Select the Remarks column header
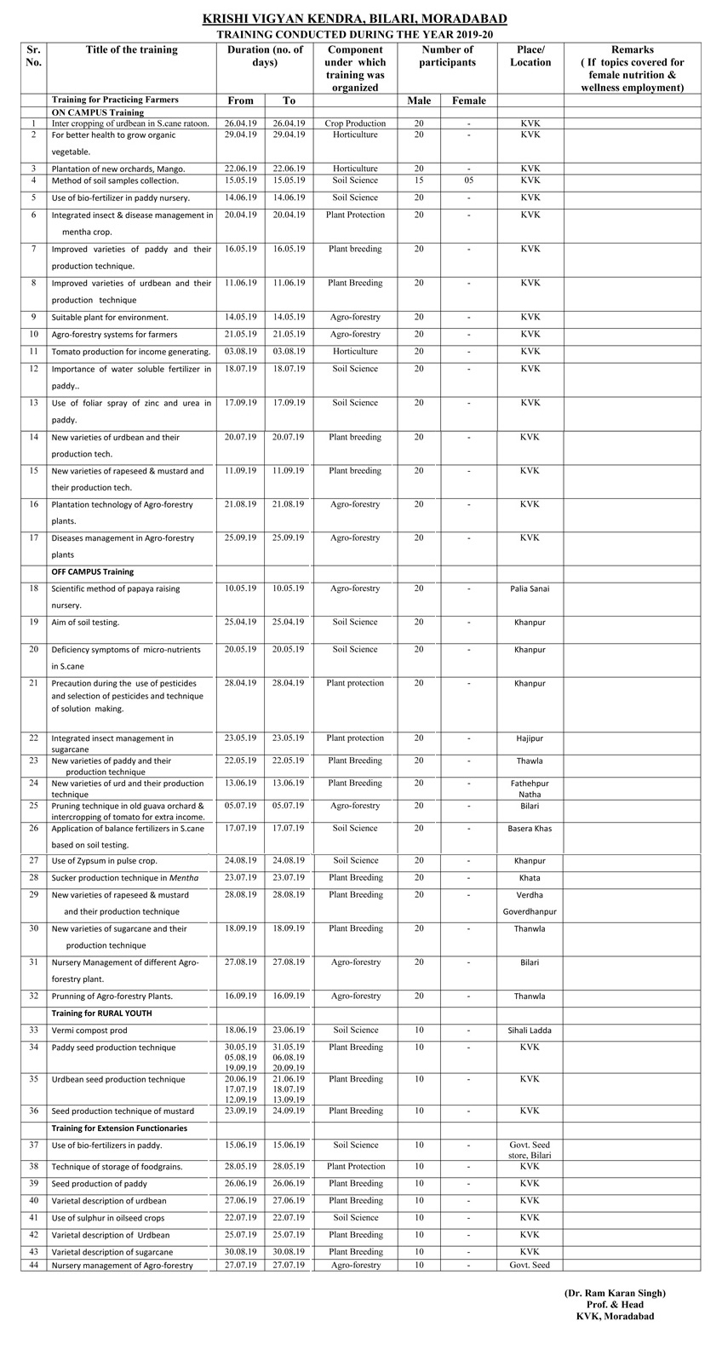point(632,68)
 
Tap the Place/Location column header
point(530,56)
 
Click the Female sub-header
point(468,100)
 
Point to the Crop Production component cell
point(355,123)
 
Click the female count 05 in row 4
point(468,181)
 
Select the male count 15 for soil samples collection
point(419,181)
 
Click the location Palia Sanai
point(530,589)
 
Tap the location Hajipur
point(530,738)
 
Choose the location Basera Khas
point(530,828)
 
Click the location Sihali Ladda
point(530,1031)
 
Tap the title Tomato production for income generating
point(130,352)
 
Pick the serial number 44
point(33,1265)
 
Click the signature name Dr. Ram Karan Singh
point(615,1293)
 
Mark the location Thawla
point(530,761)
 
